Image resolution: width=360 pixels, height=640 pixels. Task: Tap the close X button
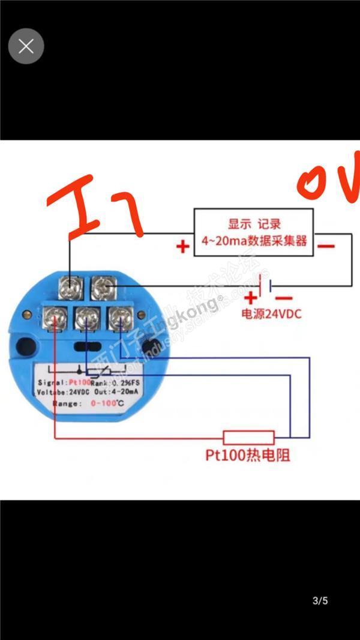click(26, 46)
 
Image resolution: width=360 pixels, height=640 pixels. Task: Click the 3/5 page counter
click(320, 600)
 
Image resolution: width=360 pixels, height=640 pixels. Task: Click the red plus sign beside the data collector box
click(182, 246)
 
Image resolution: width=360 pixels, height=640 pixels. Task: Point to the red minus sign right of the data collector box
click(326, 246)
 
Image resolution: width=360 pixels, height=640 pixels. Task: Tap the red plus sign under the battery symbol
click(250, 297)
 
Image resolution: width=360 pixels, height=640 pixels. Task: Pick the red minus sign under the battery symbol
click(284, 297)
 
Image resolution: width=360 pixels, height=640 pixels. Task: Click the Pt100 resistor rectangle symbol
click(248, 437)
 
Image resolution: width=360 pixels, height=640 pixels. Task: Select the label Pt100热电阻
click(247, 456)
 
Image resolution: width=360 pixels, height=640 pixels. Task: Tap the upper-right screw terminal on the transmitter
click(104, 288)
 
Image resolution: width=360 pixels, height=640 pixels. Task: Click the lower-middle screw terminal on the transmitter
click(88, 317)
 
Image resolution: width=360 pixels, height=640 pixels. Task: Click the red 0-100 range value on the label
click(103, 404)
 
